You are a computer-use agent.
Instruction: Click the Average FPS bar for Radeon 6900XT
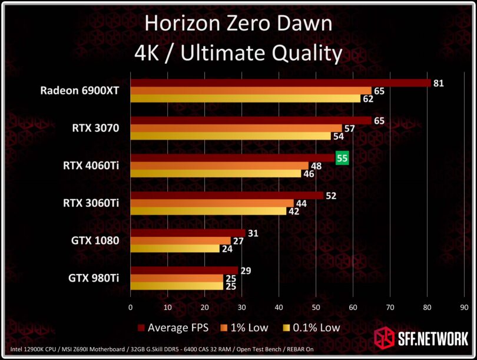(280, 83)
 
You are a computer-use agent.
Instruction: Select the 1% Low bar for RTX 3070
(236, 128)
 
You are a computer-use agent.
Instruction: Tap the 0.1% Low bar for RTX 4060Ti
(216, 174)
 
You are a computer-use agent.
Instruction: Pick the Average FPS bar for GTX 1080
(188, 233)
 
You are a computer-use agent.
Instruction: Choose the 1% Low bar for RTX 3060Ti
(212, 203)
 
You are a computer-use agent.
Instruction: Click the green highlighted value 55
(342, 158)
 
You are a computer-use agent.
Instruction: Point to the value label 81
(438, 83)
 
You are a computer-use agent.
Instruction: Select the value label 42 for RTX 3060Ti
(293, 212)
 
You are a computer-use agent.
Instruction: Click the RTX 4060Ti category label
(91, 166)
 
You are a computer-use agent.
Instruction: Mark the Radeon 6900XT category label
(79, 91)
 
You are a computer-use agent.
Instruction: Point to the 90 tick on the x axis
(465, 307)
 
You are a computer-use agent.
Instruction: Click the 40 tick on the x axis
(279, 307)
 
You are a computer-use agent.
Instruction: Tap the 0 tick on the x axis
(131, 307)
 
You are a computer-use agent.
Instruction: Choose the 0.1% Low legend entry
(312, 328)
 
